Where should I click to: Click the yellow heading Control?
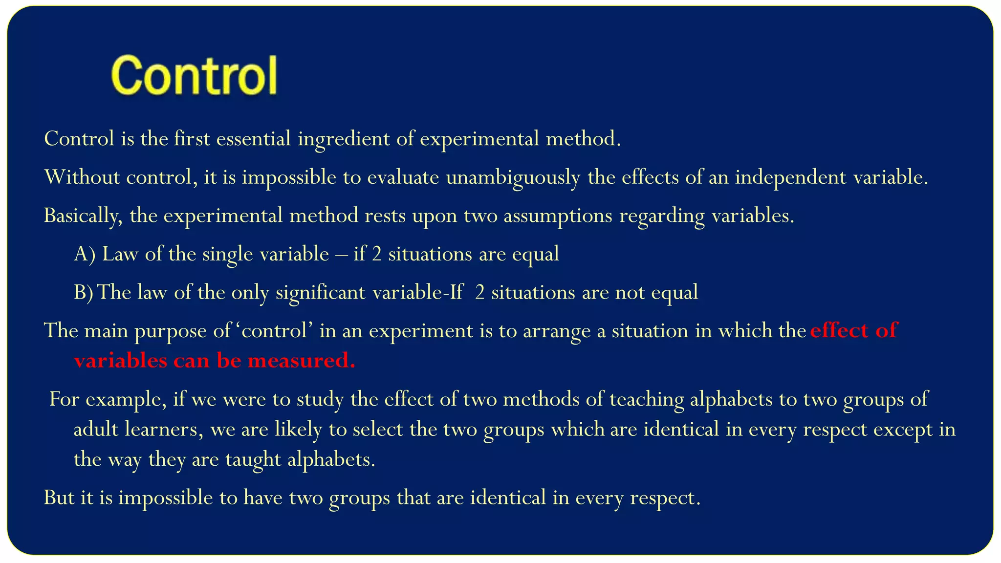(x=194, y=76)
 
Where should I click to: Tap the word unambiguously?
(x=513, y=177)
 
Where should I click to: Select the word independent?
(x=790, y=177)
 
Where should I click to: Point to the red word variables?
(x=120, y=361)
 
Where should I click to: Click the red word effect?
(x=838, y=331)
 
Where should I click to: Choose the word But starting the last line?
(x=58, y=498)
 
